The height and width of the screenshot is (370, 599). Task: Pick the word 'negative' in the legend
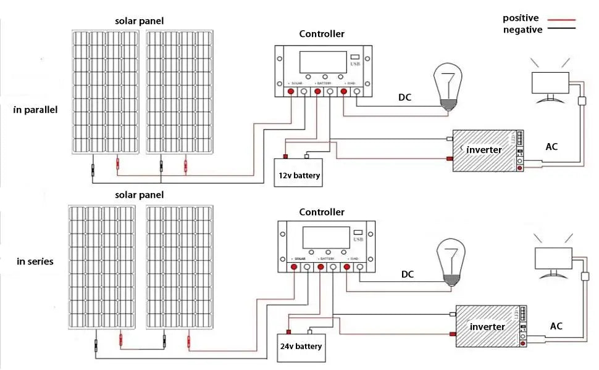(522, 29)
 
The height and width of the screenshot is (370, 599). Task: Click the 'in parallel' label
(35, 110)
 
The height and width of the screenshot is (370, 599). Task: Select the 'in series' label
(35, 261)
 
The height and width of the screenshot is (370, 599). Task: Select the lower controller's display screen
(325, 237)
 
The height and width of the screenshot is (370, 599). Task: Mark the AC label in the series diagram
(556, 326)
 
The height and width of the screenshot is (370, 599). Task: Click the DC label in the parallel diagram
(405, 97)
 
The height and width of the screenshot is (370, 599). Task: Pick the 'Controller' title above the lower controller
(322, 212)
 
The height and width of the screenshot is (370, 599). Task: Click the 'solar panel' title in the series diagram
(140, 195)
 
